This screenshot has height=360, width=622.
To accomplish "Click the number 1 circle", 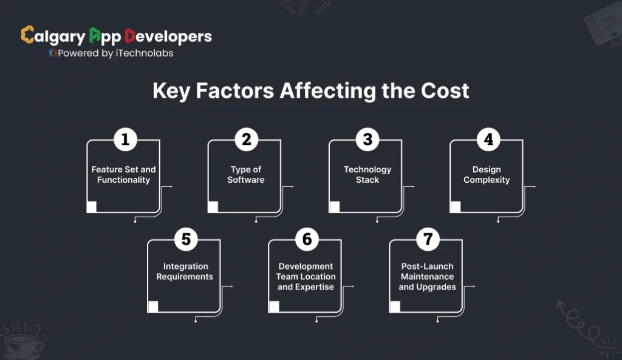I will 125,140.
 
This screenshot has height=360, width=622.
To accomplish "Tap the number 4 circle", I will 488,140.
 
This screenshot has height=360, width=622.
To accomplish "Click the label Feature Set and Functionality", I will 124,175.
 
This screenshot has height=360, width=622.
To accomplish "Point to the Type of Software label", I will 246,175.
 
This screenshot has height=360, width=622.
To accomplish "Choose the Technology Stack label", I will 367,175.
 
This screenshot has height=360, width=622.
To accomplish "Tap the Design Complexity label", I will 487,175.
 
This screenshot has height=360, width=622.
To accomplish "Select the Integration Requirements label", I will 185,271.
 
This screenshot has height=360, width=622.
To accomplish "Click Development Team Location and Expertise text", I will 306,276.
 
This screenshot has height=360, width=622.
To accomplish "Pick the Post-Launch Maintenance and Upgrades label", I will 427,276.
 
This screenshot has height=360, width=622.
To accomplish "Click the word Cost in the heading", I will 445,91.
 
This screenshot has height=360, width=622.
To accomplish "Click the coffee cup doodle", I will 23,344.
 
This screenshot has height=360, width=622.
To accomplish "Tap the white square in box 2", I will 213,207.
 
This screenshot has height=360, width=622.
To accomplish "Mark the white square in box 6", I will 274,307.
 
